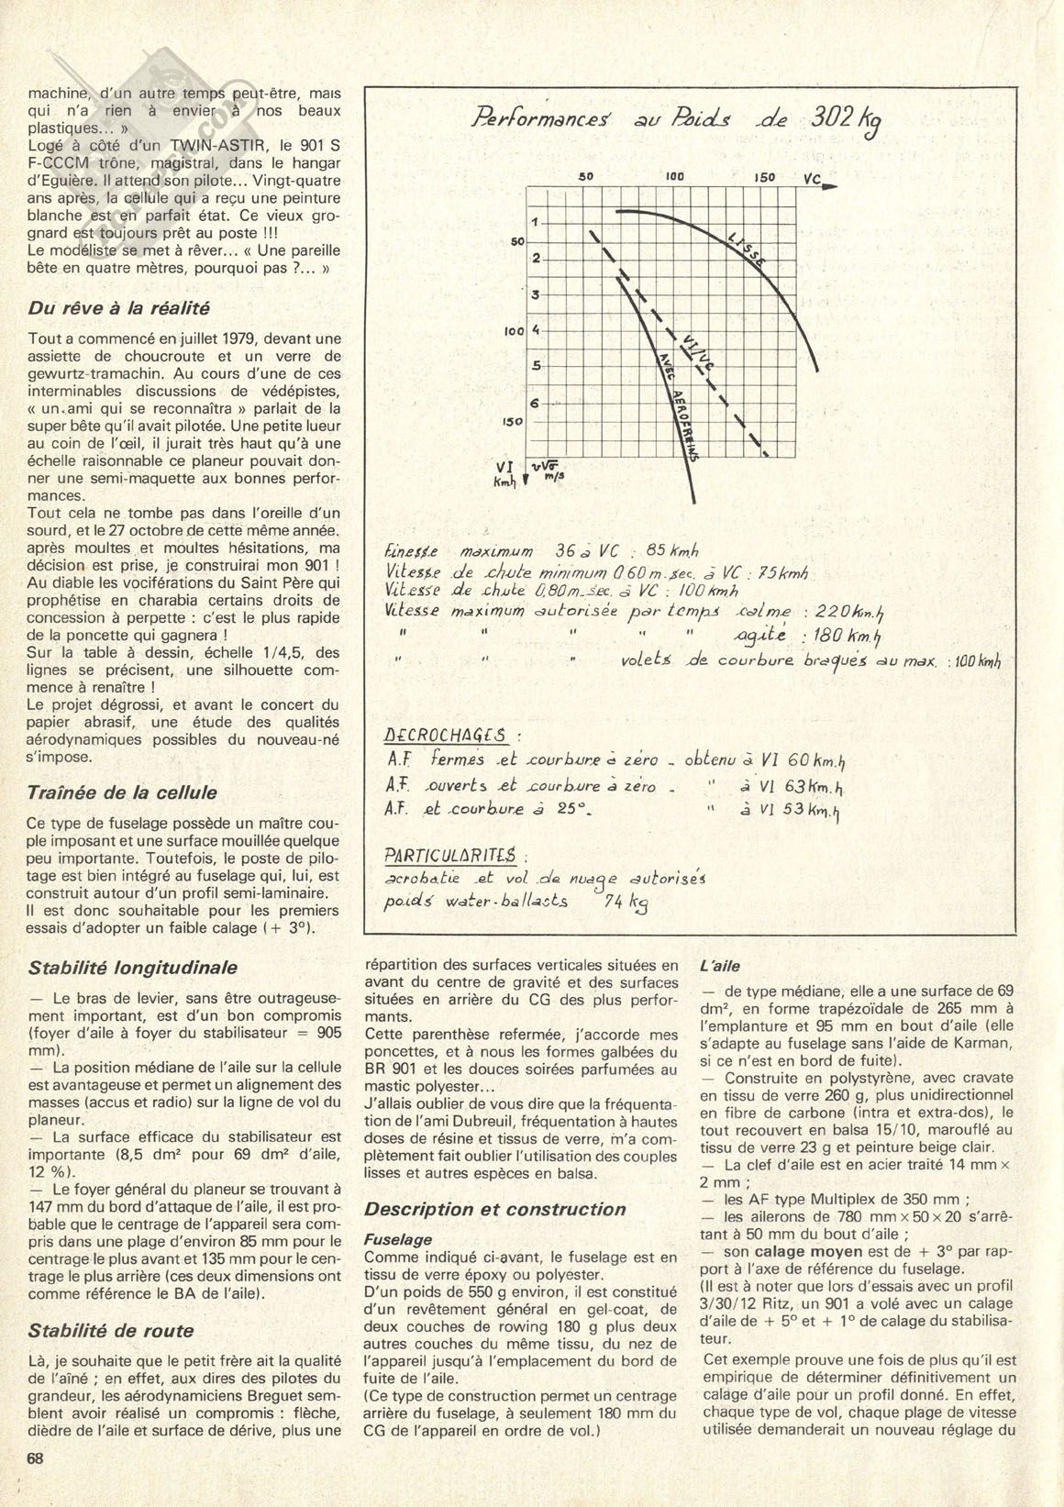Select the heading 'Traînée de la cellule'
[x=123, y=792]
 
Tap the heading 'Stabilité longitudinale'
[x=133, y=968]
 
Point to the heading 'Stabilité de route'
[x=111, y=1331]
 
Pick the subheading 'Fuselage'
[x=398, y=1239]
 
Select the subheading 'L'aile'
[x=719, y=966]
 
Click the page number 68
[x=37, y=1458]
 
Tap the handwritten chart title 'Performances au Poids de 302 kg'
[x=680, y=120]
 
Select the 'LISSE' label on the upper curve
[x=748, y=249]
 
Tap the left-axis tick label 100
[x=513, y=331]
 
